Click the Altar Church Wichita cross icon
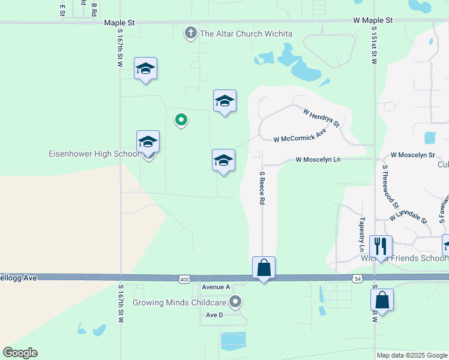[191, 33]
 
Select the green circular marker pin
[180, 119]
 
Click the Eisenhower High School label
[94, 154]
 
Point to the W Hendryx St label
[322, 118]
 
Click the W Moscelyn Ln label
[318, 160]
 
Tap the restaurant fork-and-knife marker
[381, 245]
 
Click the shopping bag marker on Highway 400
[264, 268]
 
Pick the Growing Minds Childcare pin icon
[236, 301]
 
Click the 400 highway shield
[184, 279]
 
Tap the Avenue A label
[216, 287]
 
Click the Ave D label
[214, 315]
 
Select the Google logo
[20, 353]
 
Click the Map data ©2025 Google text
[411, 355]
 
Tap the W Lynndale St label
[408, 215]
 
